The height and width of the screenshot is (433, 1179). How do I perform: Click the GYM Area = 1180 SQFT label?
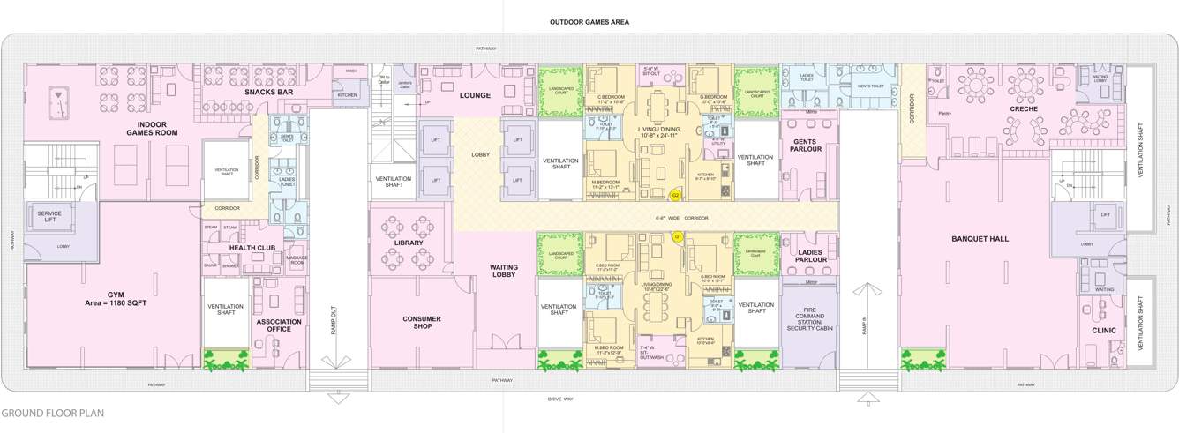click(116, 298)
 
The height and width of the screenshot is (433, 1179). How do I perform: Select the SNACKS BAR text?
click(269, 92)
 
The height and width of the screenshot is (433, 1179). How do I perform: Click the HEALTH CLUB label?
click(254, 248)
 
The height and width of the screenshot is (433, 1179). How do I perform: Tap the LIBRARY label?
click(409, 243)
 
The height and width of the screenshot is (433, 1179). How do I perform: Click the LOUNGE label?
click(475, 95)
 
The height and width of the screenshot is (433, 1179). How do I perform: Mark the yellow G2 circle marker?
click(675, 195)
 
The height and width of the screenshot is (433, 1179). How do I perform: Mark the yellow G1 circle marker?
click(678, 236)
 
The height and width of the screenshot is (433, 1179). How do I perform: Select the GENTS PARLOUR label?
click(807, 145)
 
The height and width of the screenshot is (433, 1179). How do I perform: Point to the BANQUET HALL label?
click(980, 239)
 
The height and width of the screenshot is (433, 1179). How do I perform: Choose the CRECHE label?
click(1024, 109)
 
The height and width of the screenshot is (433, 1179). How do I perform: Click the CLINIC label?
click(1103, 331)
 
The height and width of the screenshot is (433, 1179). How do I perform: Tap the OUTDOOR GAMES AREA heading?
click(589, 22)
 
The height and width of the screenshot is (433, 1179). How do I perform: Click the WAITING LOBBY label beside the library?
click(504, 271)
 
